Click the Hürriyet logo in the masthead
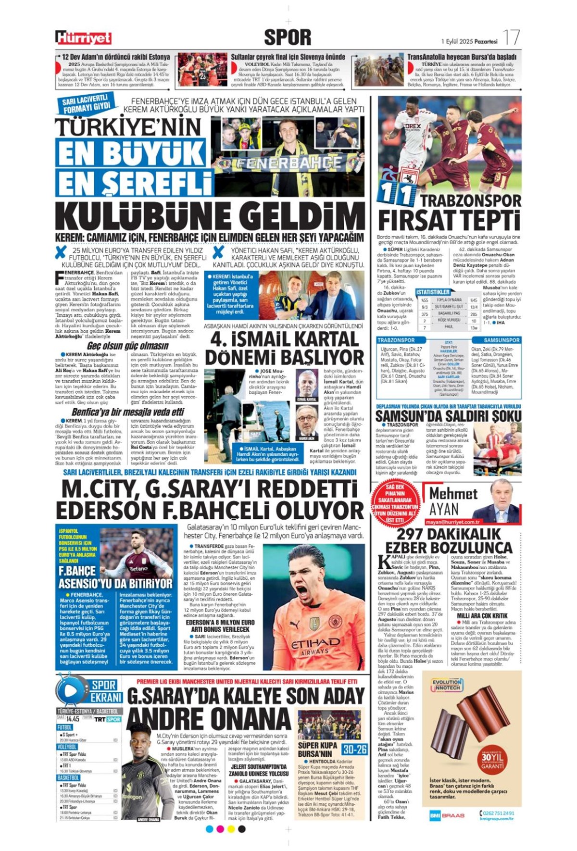pyautogui.click(x=83, y=38)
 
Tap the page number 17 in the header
pyautogui.click(x=512, y=38)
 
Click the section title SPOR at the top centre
pyautogui.click(x=288, y=37)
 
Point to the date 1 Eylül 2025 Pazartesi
pyautogui.click(x=469, y=41)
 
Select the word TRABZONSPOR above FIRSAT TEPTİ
pyautogui.click(x=471, y=201)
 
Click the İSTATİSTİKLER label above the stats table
pyautogui.click(x=433, y=292)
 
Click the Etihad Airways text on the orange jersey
pyautogui.click(x=315, y=644)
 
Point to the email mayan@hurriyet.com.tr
pyautogui.click(x=452, y=522)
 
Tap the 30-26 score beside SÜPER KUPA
pyautogui.click(x=355, y=749)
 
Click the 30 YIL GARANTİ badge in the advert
pyautogui.click(x=492, y=760)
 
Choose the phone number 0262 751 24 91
pyautogui.click(x=497, y=813)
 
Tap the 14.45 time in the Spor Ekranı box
pyautogui.click(x=73, y=719)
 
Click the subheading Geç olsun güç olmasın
pyautogui.click(x=127, y=346)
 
